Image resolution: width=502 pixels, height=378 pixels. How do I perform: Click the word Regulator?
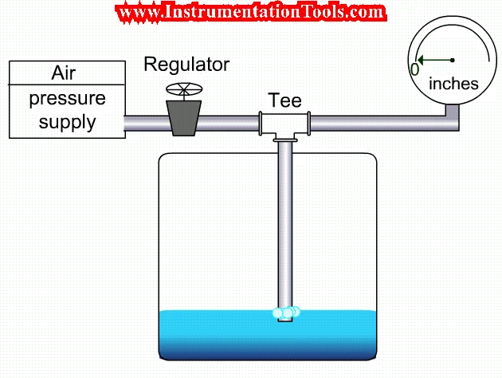tap(186, 65)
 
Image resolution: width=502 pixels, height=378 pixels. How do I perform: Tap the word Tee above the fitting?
tap(284, 100)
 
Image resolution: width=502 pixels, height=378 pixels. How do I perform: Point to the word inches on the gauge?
tap(453, 83)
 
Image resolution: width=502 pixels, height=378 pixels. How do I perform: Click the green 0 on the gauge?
tap(414, 69)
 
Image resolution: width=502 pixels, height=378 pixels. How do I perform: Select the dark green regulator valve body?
tap(183, 116)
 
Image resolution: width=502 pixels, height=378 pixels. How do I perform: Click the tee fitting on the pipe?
tap(284, 123)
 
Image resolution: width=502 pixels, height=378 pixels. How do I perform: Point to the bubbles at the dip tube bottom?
tap(285, 313)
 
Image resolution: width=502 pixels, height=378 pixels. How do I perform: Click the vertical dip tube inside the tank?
tap(284, 223)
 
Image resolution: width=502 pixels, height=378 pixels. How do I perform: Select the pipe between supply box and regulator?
tap(143, 123)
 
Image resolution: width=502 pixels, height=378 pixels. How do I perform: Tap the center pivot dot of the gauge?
tap(453, 60)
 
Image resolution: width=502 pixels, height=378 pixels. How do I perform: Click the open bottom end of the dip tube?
tap(284, 320)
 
